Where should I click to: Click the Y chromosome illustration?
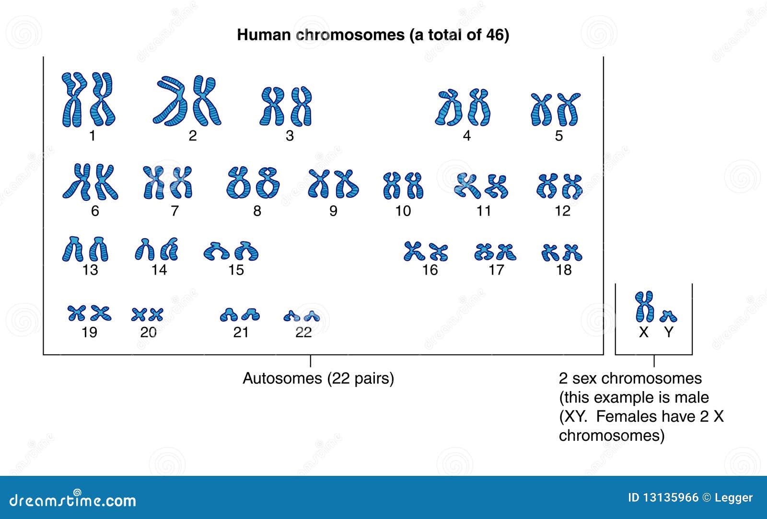click(668, 316)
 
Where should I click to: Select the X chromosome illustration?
click(644, 307)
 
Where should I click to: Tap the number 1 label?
click(92, 136)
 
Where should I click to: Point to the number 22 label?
click(303, 332)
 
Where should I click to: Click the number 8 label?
click(257, 211)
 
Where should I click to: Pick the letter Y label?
click(669, 332)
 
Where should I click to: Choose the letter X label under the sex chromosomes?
click(644, 332)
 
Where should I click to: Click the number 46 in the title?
click(495, 35)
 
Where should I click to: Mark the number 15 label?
click(236, 270)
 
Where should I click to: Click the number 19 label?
click(90, 332)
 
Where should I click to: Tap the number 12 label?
click(562, 211)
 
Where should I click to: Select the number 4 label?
click(466, 136)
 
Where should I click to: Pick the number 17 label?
click(496, 270)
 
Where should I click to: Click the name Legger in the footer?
click(733, 498)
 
